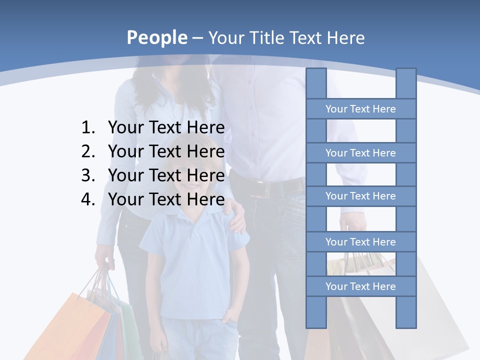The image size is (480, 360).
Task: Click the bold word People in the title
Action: tap(156, 37)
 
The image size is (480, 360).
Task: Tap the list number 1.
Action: tap(87, 128)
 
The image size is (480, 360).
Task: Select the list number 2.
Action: tap(87, 151)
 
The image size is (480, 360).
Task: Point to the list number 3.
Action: tap(87, 175)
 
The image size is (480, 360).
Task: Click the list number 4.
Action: tap(87, 199)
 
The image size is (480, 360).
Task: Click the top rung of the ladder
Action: tap(360, 109)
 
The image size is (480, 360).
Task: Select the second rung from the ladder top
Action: tap(360, 153)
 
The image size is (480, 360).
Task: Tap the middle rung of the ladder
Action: tap(360, 196)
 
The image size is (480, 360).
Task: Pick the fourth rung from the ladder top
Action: tap(360, 242)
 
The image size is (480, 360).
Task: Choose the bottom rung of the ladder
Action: tap(360, 286)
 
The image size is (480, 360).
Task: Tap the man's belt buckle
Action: tap(259, 189)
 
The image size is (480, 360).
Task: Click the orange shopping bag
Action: tap(70, 325)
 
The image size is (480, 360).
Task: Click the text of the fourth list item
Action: tap(166, 199)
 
